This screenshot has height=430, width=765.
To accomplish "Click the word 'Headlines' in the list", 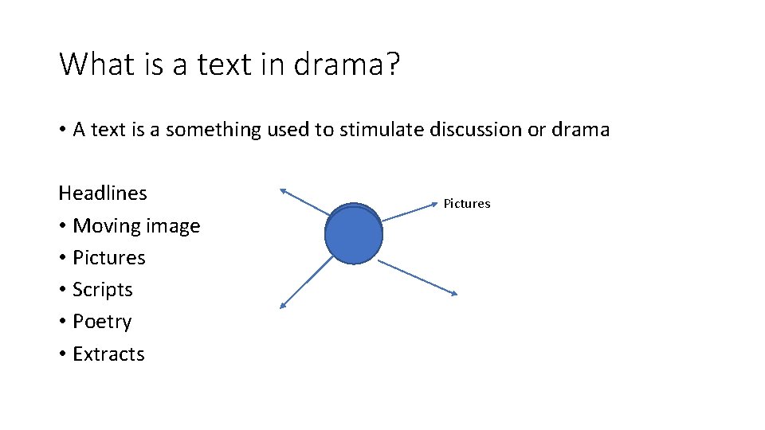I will [103, 193].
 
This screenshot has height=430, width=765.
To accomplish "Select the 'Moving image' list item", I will [136, 226].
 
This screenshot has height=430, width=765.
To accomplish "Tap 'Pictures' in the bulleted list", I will [109, 258].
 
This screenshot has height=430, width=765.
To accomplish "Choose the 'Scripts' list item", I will [103, 290].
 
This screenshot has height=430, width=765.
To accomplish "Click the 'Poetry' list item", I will [102, 322].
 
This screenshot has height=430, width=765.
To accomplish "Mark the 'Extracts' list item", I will [108, 354].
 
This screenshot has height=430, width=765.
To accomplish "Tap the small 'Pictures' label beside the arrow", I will [467, 204].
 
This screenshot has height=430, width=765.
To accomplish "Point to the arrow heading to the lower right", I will [418, 277].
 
